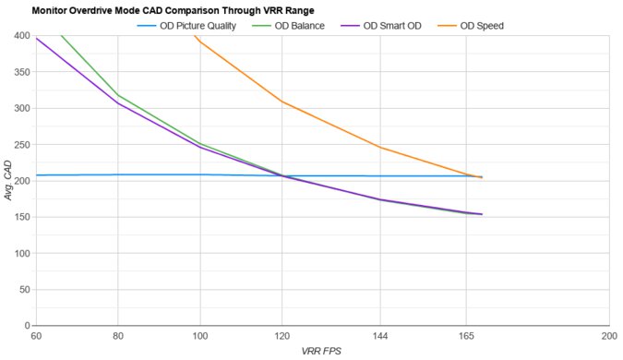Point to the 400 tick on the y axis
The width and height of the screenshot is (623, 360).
point(20,36)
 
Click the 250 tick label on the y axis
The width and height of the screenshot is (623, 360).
point(20,145)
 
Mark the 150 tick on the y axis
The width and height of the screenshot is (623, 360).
point(20,217)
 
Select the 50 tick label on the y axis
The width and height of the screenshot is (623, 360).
point(23,290)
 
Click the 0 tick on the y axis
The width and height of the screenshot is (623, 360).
point(26,326)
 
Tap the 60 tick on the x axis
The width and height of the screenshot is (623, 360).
point(36,336)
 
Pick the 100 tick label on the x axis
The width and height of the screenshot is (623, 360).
point(199,336)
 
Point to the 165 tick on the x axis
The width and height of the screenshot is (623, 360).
point(466,336)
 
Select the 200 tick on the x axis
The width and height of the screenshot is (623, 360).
point(608,336)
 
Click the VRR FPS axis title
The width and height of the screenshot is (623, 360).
point(321,352)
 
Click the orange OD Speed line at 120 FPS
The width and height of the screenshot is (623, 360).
point(282,102)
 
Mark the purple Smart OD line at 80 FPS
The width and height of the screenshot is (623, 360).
point(118,102)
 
